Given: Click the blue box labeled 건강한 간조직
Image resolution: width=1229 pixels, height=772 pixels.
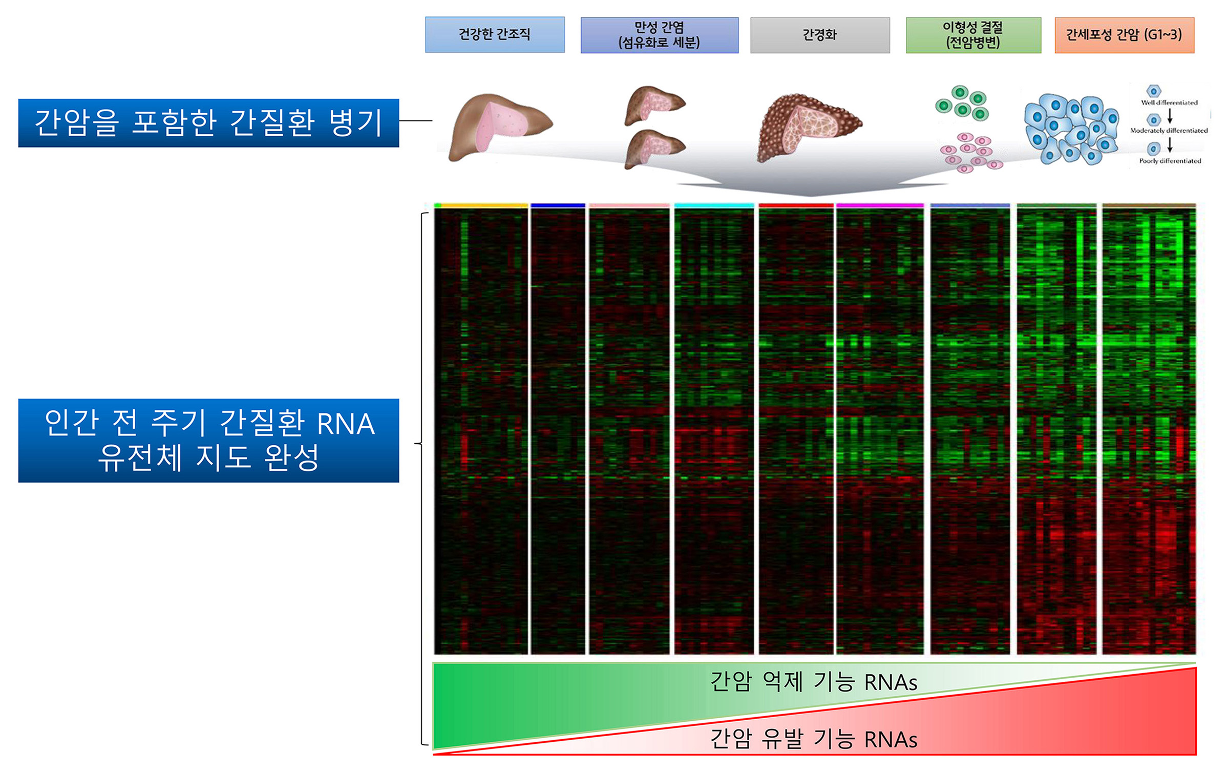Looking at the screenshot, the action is pos(495,35).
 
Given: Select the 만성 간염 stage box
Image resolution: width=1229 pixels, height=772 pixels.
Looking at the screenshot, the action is pos(660,35).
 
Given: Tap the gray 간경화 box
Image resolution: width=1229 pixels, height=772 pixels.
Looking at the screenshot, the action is pos(820,35).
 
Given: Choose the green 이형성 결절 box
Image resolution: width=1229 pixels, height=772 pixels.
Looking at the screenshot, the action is pos(973,35).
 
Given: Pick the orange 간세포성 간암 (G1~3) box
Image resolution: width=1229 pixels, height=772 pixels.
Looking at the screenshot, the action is pos(1124,35).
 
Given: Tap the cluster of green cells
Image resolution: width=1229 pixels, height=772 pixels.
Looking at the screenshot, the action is pos(962,102).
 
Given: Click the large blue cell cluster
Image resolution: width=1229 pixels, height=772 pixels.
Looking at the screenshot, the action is pos(1071,129).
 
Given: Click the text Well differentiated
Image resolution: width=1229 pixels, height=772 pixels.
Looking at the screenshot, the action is pos(1169,102).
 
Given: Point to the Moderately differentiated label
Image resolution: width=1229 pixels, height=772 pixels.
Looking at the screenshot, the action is pos(1169,131).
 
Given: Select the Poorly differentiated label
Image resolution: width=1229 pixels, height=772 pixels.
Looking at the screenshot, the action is pos(1170,161).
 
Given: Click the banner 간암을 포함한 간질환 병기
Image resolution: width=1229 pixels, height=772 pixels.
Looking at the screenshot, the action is pos(208,123).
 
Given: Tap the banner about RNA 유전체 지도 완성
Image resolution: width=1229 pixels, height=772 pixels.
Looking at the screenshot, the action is pos(208,441).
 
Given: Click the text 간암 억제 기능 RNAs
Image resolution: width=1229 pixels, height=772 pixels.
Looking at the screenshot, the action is pos(813,682).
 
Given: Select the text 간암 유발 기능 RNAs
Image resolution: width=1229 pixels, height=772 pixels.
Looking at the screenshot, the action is pos(813,739).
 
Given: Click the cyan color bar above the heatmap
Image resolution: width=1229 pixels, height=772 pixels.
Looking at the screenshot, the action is pos(714,205).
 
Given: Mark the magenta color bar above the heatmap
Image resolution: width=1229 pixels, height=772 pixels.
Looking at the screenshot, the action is pos(880,205).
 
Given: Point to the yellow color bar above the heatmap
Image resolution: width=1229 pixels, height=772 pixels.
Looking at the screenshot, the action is pos(484,205).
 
